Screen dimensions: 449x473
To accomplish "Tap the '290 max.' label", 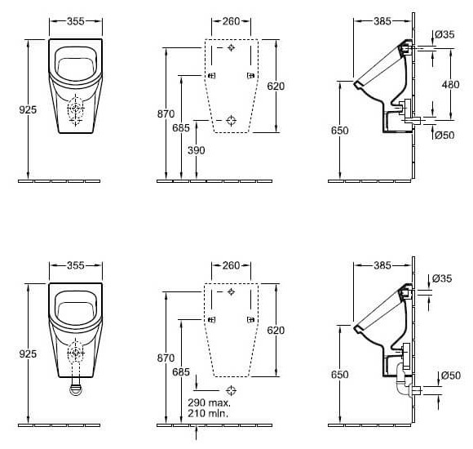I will point(210,402).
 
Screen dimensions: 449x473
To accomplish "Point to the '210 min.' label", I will point(209,415).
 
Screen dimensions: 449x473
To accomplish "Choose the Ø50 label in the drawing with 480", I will point(444,136).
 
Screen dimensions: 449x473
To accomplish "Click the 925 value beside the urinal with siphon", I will point(29,354).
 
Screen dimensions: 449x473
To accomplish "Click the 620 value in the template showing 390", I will point(276,85).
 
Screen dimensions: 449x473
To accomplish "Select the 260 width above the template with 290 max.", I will point(231,265).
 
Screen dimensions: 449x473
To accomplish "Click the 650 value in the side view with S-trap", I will point(340,375).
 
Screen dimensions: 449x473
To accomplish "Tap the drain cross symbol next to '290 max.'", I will point(232,389).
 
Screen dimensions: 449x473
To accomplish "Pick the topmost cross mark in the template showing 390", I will point(232,49).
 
